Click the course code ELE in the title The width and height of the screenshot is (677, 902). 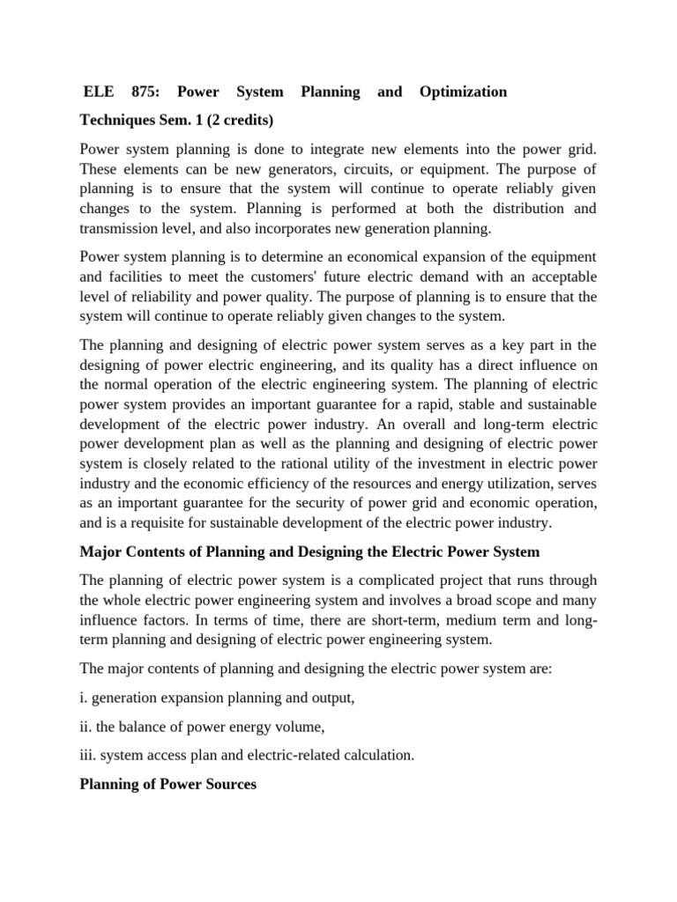pos(99,92)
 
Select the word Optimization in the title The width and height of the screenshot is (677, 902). pos(464,92)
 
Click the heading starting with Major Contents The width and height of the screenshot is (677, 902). pos(309,551)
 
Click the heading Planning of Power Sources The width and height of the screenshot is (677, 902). pos(167,783)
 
